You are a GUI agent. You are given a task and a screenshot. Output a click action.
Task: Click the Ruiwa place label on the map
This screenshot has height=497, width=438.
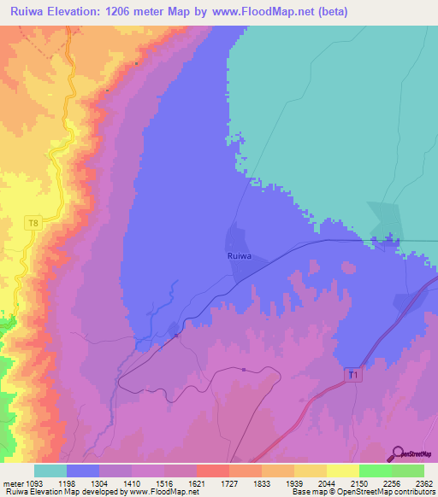(239, 255)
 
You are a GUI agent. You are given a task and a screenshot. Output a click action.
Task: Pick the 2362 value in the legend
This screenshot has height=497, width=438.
(425, 482)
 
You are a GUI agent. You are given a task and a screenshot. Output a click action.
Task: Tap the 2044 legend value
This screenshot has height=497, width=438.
(327, 482)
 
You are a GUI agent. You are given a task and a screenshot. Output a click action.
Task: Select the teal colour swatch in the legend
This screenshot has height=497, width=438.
(50, 471)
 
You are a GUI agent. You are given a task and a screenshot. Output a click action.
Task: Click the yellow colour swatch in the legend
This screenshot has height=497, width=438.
(342, 471)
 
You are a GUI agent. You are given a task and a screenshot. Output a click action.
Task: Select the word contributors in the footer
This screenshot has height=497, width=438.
(413, 492)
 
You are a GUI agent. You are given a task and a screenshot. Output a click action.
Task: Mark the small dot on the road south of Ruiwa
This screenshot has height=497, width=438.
(244, 370)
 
